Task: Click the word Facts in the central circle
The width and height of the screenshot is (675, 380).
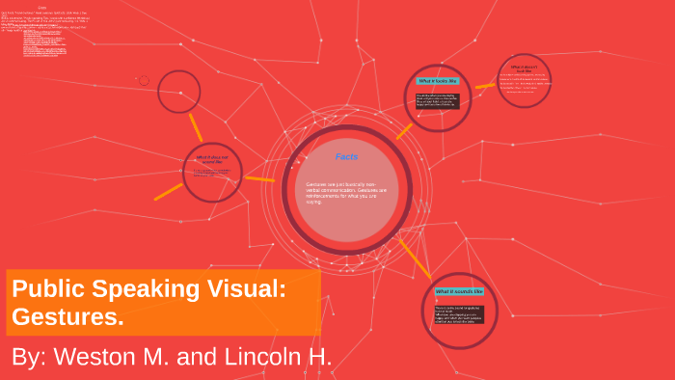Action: (347, 156)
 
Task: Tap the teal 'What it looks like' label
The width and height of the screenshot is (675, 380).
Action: (437, 81)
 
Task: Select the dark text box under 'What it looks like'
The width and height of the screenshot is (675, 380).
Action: (438, 100)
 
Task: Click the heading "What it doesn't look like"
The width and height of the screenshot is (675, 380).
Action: (524, 68)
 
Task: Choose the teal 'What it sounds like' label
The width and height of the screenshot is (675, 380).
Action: (459, 290)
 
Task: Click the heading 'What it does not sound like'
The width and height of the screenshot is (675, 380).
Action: (213, 159)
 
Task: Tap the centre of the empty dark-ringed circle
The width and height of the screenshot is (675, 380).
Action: (179, 92)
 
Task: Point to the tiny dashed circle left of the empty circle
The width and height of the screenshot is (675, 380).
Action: (144, 81)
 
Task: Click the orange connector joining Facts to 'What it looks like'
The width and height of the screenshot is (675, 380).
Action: (403, 130)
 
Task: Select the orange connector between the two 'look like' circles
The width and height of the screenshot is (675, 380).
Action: (485, 86)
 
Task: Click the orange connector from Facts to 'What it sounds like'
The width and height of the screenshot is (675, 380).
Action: (415, 258)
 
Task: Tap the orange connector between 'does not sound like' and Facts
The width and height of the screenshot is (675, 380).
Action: (259, 178)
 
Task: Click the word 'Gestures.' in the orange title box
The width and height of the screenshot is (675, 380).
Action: (67, 316)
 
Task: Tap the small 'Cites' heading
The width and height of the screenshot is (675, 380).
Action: (42, 8)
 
